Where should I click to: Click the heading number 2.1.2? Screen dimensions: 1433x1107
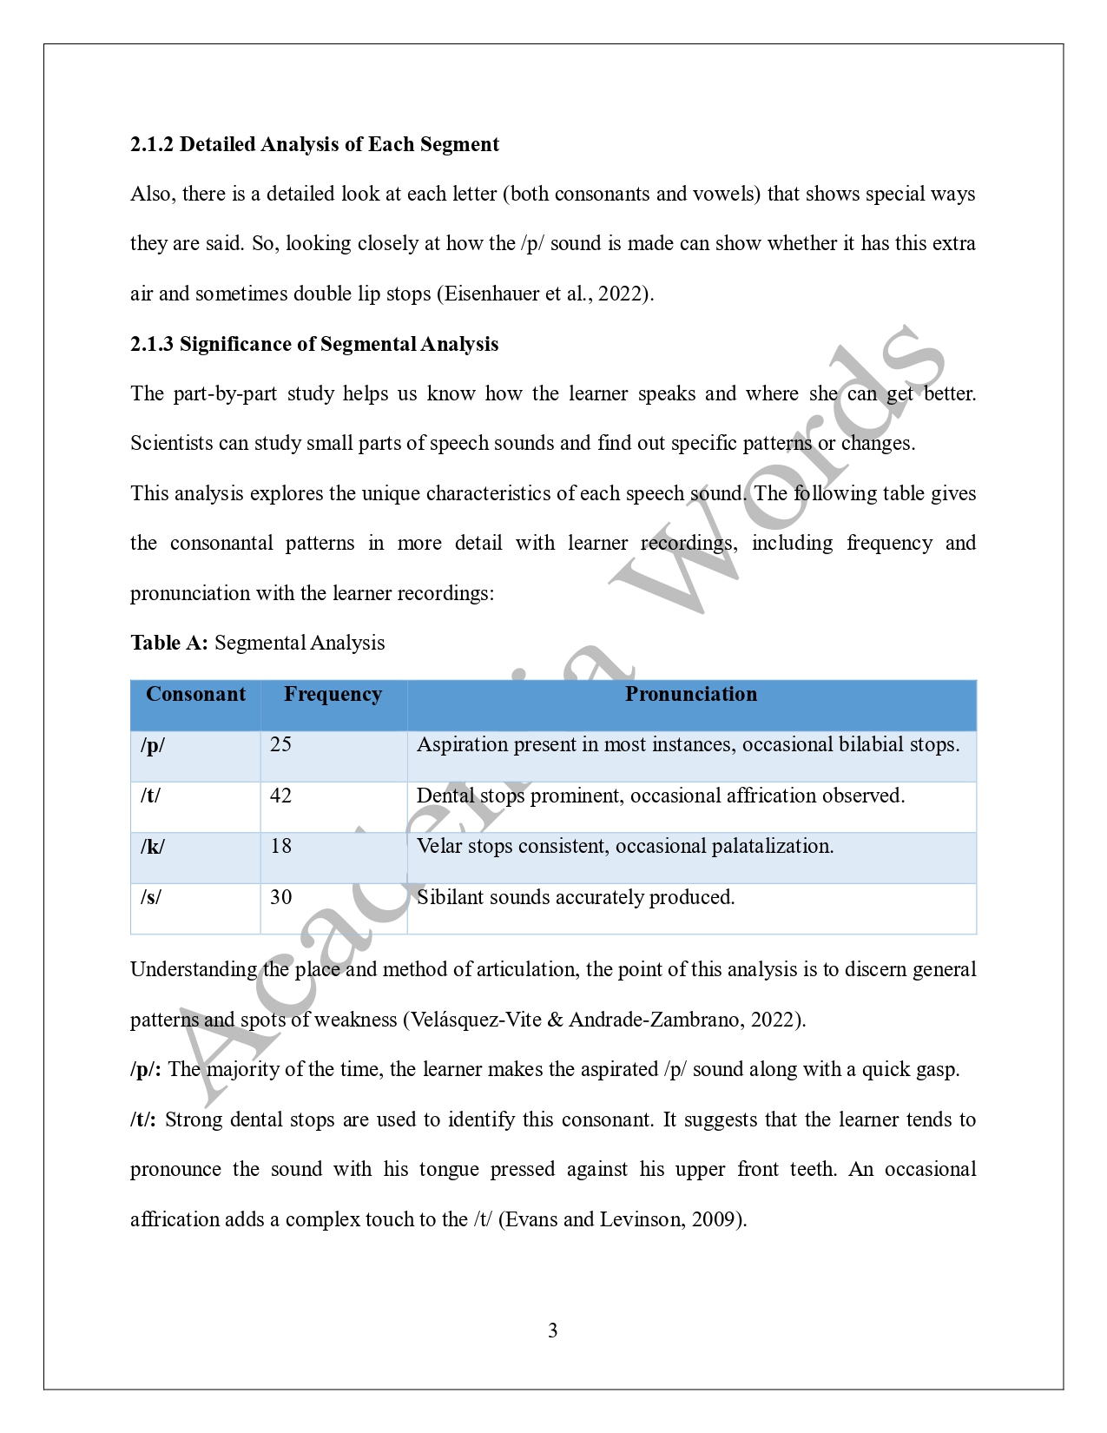(152, 144)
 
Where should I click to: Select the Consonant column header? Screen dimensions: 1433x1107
(195, 695)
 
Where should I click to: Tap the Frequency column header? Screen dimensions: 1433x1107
(333, 695)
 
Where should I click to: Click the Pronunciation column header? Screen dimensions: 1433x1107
(691, 695)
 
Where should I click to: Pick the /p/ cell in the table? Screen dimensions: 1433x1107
(153, 745)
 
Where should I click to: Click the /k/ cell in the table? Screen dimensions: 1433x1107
(153, 847)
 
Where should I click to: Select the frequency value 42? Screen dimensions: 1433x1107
(281, 796)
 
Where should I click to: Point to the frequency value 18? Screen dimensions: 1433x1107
(281, 847)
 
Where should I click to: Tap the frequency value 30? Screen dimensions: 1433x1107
(281, 897)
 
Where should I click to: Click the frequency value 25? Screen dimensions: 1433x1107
(281, 745)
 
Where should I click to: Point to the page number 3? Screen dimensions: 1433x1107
(553, 1331)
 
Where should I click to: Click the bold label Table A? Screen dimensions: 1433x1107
(169, 643)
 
